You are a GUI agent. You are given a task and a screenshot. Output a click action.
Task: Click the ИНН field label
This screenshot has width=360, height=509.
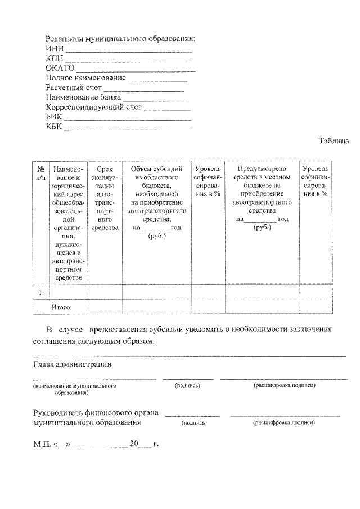point(54,49)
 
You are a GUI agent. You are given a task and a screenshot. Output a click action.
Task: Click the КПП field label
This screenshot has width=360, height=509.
point(54,58)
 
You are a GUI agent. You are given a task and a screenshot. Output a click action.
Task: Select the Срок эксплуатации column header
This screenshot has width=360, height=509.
point(105,198)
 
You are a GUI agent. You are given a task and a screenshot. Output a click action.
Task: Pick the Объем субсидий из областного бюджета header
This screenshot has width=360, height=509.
point(156,202)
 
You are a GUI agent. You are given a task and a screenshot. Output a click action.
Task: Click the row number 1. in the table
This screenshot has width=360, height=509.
point(41,292)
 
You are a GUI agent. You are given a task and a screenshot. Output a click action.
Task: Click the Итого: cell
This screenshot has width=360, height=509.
point(61,307)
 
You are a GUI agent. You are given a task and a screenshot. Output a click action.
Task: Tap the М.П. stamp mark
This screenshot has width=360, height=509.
point(41,445)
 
